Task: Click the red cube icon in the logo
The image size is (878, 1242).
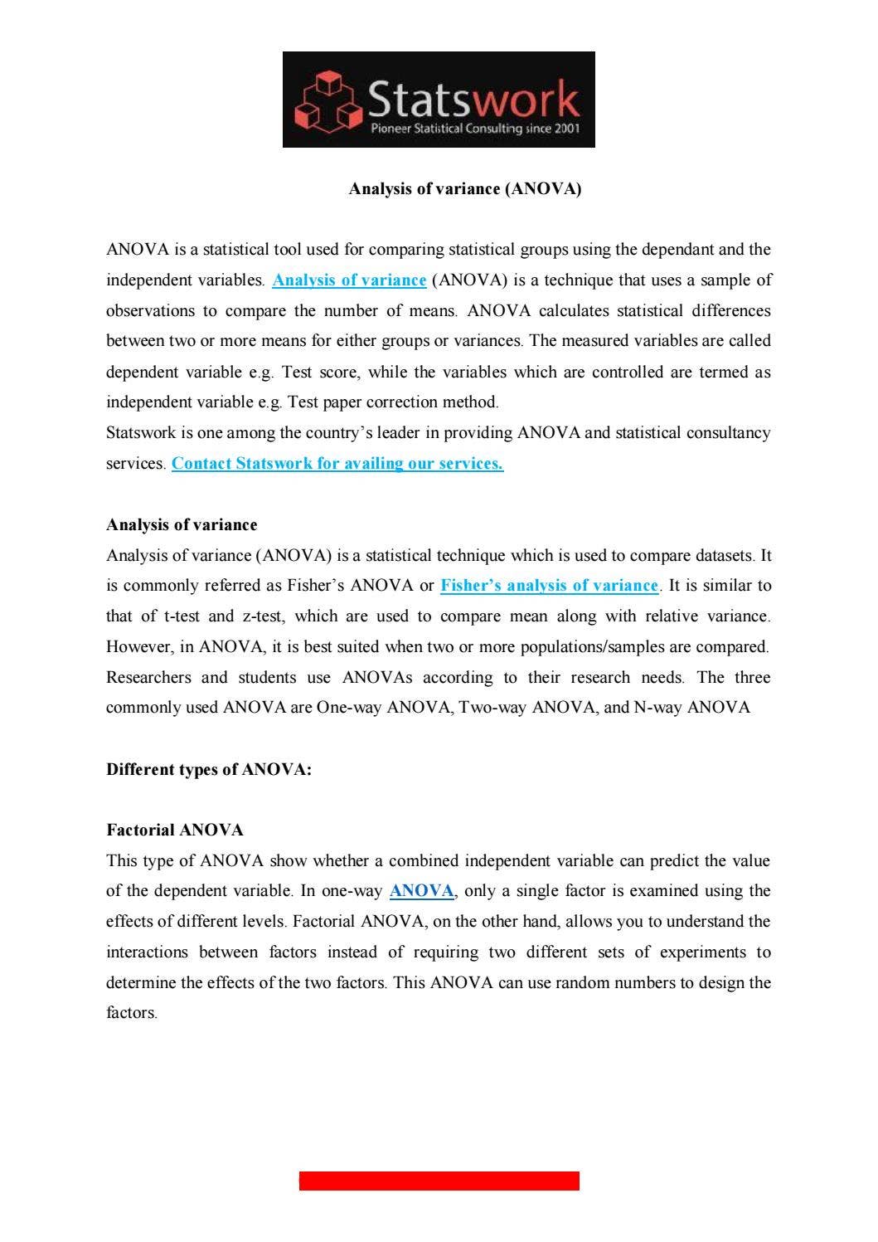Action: click(x=329, y=101)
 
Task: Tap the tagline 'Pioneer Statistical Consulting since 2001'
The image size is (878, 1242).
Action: click(x=474, y=129)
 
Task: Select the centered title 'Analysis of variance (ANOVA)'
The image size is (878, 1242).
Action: click(x=464, y=189)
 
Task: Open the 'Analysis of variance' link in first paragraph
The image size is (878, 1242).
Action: click(x=349, y=280)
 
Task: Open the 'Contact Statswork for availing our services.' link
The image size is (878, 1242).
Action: click(x=337, y=464)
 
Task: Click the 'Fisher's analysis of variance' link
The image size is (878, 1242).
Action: click(x=549, y=586)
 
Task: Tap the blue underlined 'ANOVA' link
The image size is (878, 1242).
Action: click(x=421, y=891)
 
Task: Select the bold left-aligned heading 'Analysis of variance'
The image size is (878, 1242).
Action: click(x=182, y=525)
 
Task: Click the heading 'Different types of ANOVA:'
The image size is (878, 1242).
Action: click(x=209, y=770)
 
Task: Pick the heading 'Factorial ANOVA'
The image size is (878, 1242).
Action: click(x=175, y=830)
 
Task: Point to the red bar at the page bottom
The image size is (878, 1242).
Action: click(x=439, y=1181)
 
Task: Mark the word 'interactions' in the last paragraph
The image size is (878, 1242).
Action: click(x=147, y=952)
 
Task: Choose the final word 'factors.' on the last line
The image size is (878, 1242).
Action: click(x=132, y=1013)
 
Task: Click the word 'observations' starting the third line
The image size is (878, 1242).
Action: click(x=150, y=311)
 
